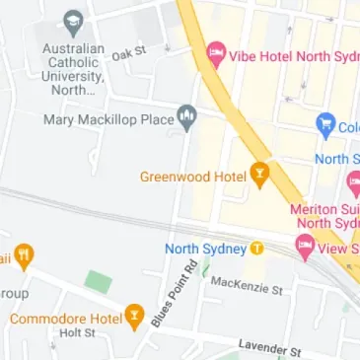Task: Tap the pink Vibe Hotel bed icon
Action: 215,53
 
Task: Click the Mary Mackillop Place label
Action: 108,119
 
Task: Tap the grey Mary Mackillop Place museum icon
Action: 186,118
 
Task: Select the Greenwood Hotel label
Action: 191,178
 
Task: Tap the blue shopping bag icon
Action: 324,125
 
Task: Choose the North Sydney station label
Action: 204,248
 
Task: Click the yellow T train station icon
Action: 256,248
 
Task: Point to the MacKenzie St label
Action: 248,286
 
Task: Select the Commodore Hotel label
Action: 65,319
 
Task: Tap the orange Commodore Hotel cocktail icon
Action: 136,318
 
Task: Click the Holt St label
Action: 76,334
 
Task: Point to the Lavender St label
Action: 268,348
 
